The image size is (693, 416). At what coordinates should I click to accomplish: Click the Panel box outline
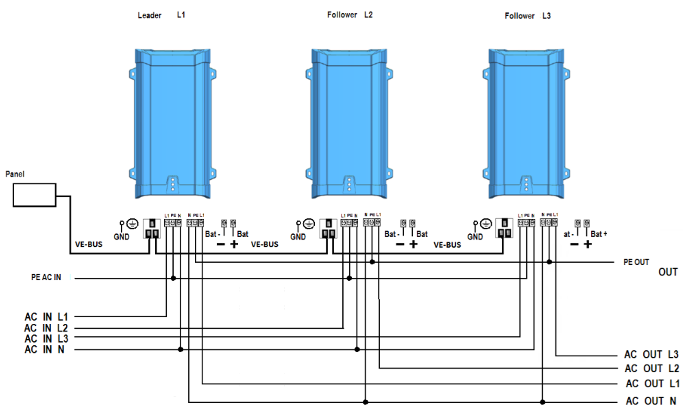pos(34,195)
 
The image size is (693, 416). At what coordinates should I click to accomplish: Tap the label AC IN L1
pos(46,317)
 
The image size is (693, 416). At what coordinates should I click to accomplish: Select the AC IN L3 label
pos(46,338)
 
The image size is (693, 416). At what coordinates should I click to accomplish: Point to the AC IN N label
pos(44,349)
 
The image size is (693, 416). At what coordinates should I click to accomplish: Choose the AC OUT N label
pos(651,401)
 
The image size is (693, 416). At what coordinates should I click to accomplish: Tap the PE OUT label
pos(636,262)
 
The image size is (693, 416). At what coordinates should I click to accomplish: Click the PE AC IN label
pos(46,277)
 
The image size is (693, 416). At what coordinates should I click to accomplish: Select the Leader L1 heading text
pos(161,15)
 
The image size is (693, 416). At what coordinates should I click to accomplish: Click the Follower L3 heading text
pos(528,16)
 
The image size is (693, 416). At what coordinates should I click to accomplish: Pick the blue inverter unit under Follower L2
pos(349,124)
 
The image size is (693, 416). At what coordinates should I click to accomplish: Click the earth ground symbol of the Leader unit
pos(132,224)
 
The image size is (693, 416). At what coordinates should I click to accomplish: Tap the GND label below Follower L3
pos(475,237)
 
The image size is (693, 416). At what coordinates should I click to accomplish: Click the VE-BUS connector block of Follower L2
pos(328,229)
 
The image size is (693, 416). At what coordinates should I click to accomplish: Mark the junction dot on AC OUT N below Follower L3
pos(543,402)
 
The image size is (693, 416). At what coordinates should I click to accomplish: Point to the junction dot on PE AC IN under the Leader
pos(173,278)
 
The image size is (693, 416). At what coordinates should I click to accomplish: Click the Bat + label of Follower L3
pos(599,234)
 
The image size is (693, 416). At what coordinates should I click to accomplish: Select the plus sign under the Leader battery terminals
pos(234,244)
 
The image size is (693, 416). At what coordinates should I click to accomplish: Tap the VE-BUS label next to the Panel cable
pos(89,244)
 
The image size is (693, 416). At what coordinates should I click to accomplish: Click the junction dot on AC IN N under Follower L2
pos(357,349)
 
